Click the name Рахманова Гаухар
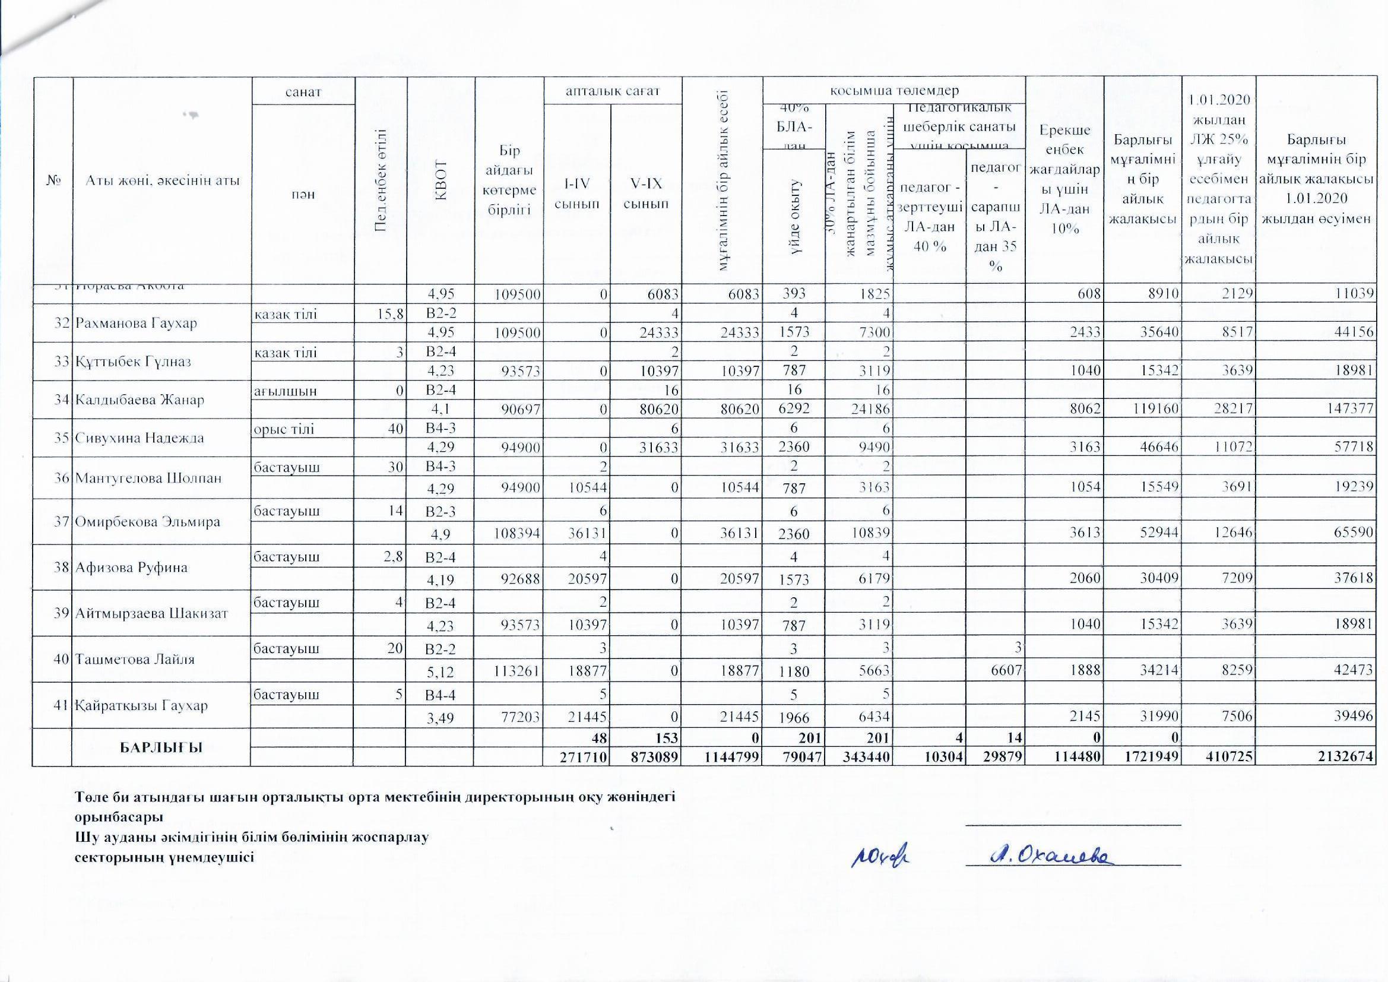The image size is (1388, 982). point(136,323)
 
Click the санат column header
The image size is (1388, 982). point(304,91)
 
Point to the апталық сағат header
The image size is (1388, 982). point(613,91)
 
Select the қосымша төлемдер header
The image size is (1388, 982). point(894,91)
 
